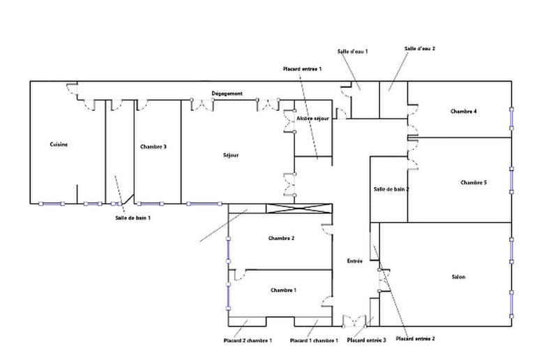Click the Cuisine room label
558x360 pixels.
59,144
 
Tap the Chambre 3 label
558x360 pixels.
153,147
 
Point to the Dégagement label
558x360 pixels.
227,93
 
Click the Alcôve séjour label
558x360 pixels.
312,119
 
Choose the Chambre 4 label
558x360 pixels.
464,112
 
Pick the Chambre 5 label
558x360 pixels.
474,182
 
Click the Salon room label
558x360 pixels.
458,277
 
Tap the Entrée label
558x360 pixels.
354,261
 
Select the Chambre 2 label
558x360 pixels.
281,238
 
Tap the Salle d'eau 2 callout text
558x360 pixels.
419,49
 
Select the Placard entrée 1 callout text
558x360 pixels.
302,70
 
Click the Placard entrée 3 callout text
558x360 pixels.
366,340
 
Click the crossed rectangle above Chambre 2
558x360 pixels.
298,209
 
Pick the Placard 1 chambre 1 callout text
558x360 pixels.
314,340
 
